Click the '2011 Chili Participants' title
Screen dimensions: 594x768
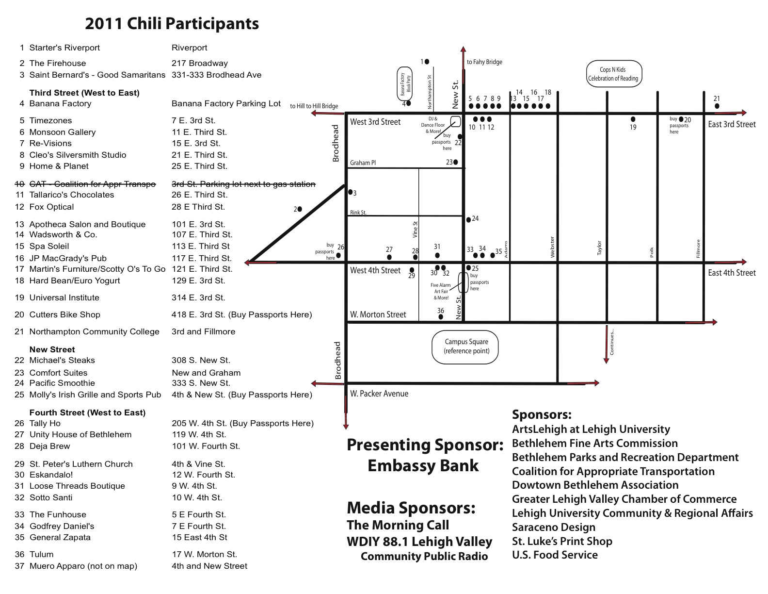(x=172, y=24)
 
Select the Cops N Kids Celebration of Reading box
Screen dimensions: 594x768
(x=613, y=74)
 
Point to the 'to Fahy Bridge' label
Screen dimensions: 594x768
(x=484, y=62)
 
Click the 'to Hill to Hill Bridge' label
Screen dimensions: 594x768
(x=314, y=106)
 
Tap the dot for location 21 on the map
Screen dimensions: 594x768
(x=717, y=106)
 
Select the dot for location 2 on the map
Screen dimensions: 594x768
(x=300, y=209)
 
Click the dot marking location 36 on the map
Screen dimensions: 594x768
(x=441, y=317)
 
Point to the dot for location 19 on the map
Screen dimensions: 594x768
(x=633, y=119)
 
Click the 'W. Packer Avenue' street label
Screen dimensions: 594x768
(x=379, y=394)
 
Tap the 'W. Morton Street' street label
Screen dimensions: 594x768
(x=378, y=314)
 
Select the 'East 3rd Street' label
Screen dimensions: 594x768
(x=732, y=124)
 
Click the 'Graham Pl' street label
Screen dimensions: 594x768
(x=363, y=163)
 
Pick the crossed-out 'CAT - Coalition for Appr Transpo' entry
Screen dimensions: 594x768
(x=92, y=184)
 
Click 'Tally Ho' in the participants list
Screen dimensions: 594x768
(x=45, y=423)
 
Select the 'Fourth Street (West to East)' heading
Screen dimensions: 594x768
(x=87, y=412)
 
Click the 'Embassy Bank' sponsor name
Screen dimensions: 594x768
(x=423, y=466)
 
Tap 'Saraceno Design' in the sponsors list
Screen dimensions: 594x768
(x=553, y=527)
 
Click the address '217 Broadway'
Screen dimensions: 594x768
(x=199, y=63)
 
